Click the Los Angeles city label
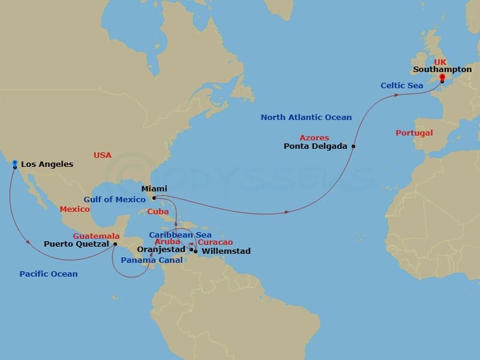(x=47, y=164)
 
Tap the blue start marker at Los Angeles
(x=14, y=162)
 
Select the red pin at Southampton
(x=442, y=77)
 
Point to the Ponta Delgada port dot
(x=353, y=146)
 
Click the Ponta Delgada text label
(x=316, y=146)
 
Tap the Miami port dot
(x=154, y=197)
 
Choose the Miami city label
(x=154, y=189)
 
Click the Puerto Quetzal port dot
(x=115, y=244)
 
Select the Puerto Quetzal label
(x=77, y=244)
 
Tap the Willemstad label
(x=226, y=251)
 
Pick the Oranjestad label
(x=161, y=250)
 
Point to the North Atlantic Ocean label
(x=306, y=117)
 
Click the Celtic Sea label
(x=401, y=85)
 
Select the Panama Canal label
(x=145, y=260)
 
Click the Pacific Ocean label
(x=48, y=274)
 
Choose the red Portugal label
(x=414, y=133)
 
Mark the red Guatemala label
(x=96, y=236)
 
